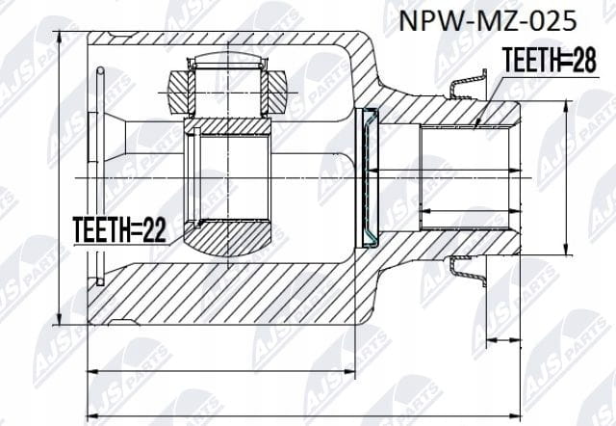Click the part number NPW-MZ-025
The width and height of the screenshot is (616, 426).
click(x=488, y=21)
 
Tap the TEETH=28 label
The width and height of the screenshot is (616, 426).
click(x=550, y=60)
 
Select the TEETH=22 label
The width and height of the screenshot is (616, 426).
click(x=119, y=229)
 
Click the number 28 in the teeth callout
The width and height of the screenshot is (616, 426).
click(x=584, y=60)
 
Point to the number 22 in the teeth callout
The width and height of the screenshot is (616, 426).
click(x=154, y=229)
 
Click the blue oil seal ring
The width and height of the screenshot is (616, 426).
click(x=370, y=177)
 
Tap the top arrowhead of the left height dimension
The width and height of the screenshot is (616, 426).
click(x=60, y=37)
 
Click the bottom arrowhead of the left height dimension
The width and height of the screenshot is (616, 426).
click(x=60, y=319)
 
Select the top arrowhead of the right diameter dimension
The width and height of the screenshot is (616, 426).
click(x=566, y=106)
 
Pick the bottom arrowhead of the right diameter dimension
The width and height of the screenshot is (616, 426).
click(x=566, y=250)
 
